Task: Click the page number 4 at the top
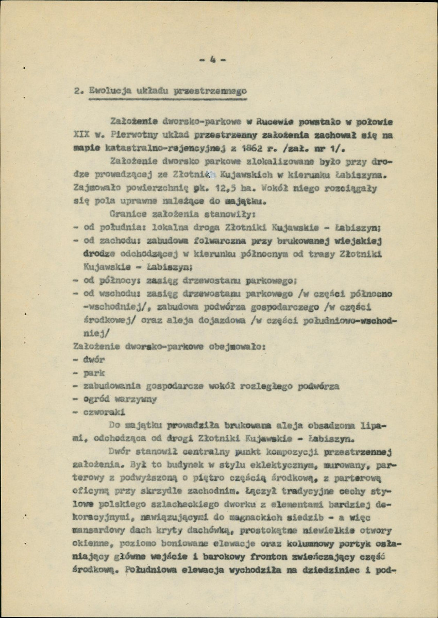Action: pos(212,60)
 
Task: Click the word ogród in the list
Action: pos(97,400)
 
